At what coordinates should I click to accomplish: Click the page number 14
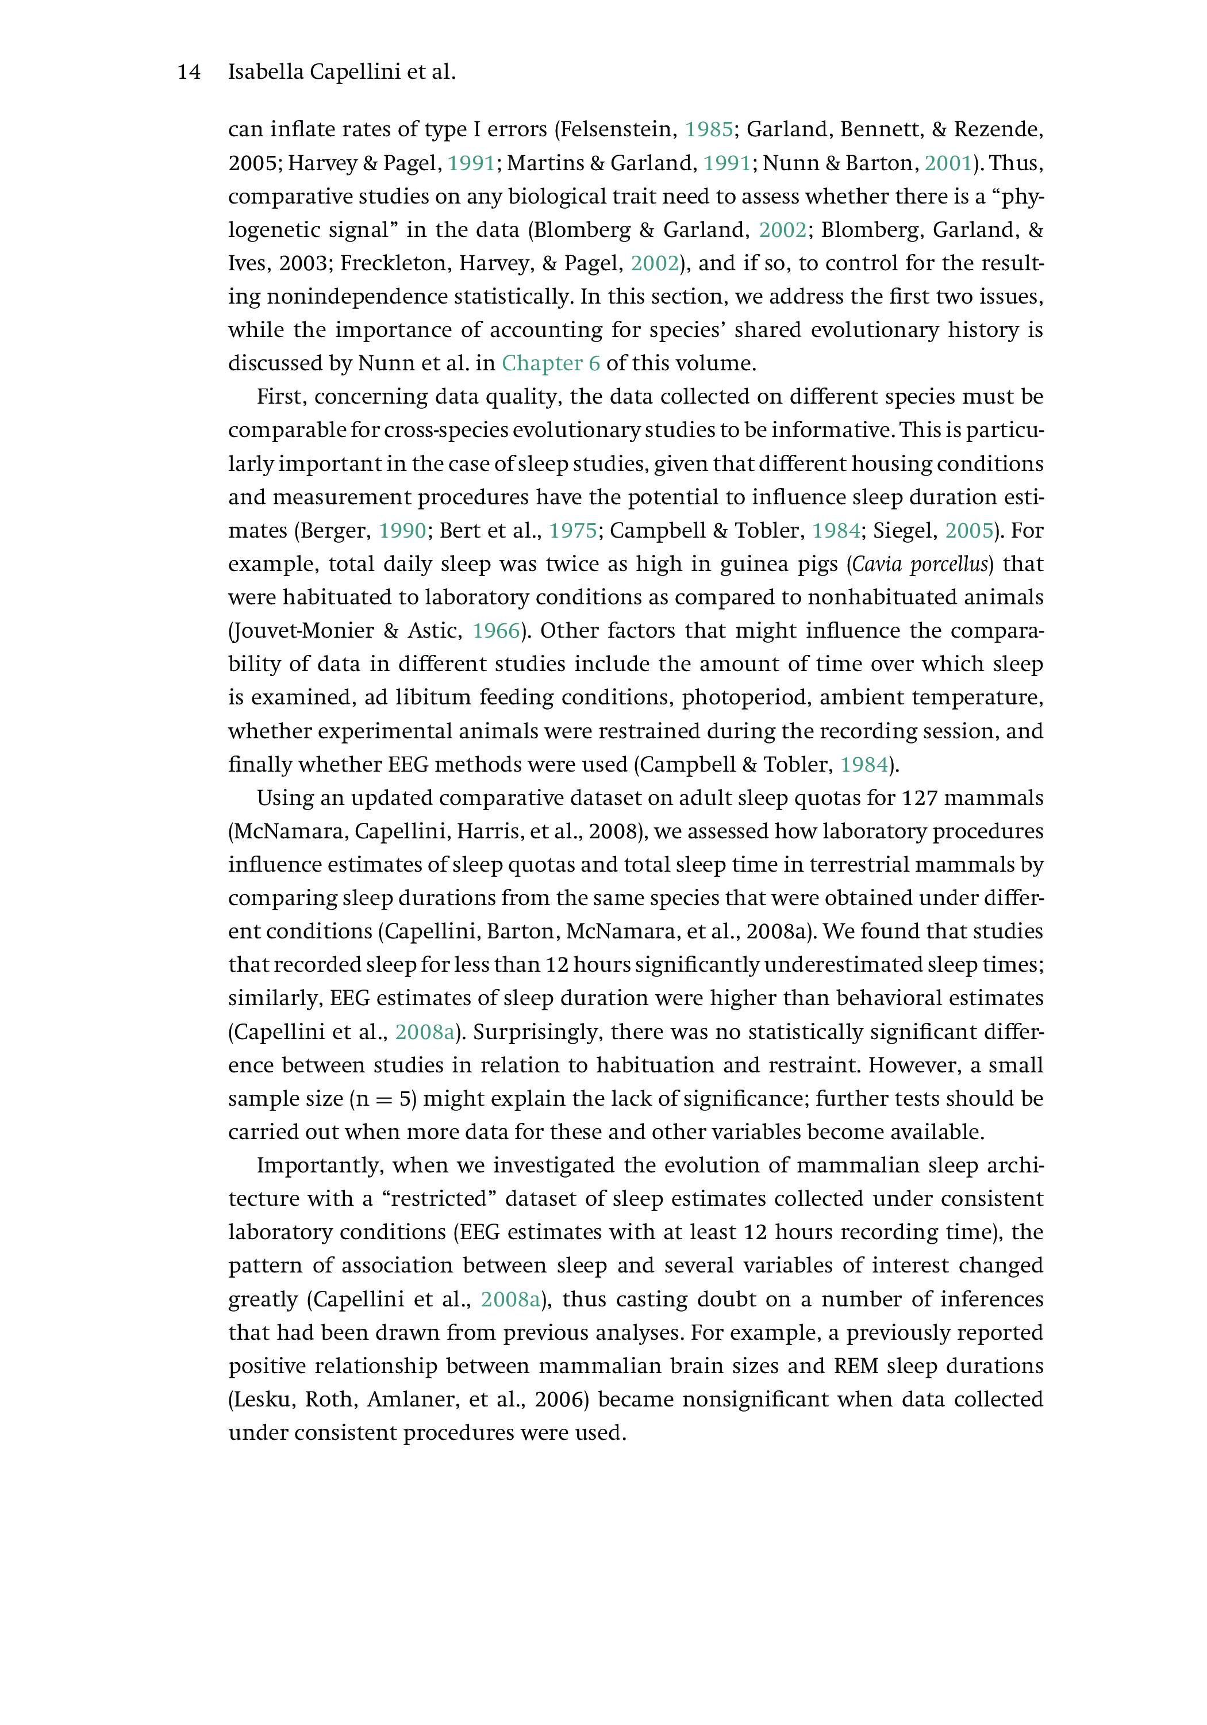tap(189, 72)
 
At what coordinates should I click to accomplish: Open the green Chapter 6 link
tap(551, 363)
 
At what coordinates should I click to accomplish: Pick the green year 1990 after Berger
tap(402, 531)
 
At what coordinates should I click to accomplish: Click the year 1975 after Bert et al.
tap(572, 531)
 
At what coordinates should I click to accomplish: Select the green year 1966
tap(495, 631)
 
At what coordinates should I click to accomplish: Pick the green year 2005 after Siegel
tap(969, 531)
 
